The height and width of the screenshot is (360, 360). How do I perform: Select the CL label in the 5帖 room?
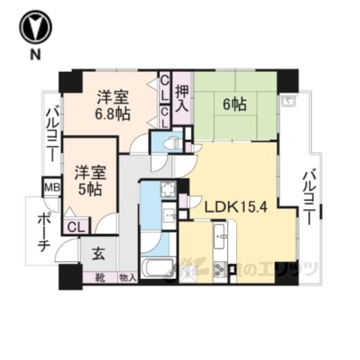75,226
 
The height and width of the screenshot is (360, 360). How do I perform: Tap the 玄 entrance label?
98,253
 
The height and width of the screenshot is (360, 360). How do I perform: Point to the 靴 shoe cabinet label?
100,277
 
